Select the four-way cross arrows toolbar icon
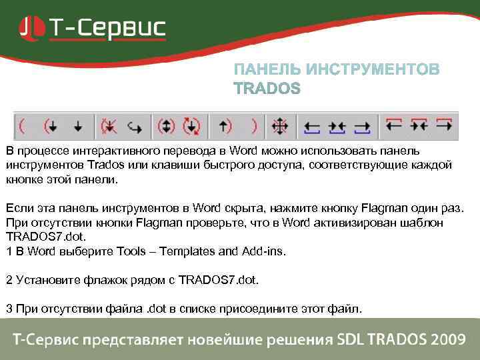click(279, 125)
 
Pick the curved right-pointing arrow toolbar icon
click(135, 125)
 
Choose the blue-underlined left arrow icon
click(311, 125)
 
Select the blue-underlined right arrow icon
click(362, 125)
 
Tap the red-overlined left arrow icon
click(393, 124)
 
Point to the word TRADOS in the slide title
click(267, 89)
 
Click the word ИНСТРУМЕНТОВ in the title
click(373, 70)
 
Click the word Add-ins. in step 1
click(263, 251)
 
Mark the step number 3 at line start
click(9, 309)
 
